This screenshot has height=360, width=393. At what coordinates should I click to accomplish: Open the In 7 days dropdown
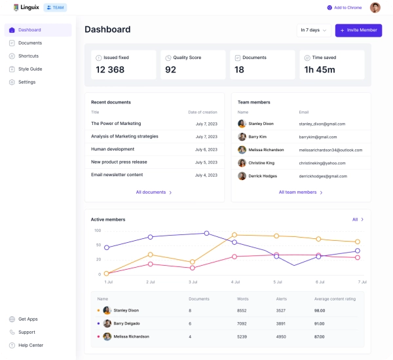coord(314,30)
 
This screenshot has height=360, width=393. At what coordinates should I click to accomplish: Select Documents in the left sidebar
coord(30,43)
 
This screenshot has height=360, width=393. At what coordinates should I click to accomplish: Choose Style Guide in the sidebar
coord(30,69)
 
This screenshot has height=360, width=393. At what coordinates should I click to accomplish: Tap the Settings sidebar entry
coord(27,82)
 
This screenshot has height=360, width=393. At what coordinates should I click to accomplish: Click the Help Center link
coord(31,345)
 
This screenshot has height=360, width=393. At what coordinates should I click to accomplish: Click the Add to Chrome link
coord(345,7)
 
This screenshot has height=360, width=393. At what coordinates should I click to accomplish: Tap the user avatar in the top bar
coord(375,7)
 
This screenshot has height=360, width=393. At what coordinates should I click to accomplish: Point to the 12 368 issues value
coord(110,70)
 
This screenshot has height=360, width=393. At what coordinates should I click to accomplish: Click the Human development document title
coord(112,149)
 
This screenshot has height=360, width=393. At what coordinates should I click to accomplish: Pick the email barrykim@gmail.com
coord(318,137)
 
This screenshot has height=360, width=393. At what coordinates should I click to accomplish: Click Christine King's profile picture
coord(242,163)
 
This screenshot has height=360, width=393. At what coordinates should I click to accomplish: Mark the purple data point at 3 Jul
coord(207,233)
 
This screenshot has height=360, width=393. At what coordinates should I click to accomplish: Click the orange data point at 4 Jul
coord(234,235)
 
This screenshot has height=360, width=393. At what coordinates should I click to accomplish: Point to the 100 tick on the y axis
coord(98,230)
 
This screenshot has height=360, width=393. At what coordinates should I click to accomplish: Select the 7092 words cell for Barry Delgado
coord(242,323)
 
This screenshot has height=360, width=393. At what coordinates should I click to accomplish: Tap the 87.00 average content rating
coord(320,336)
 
